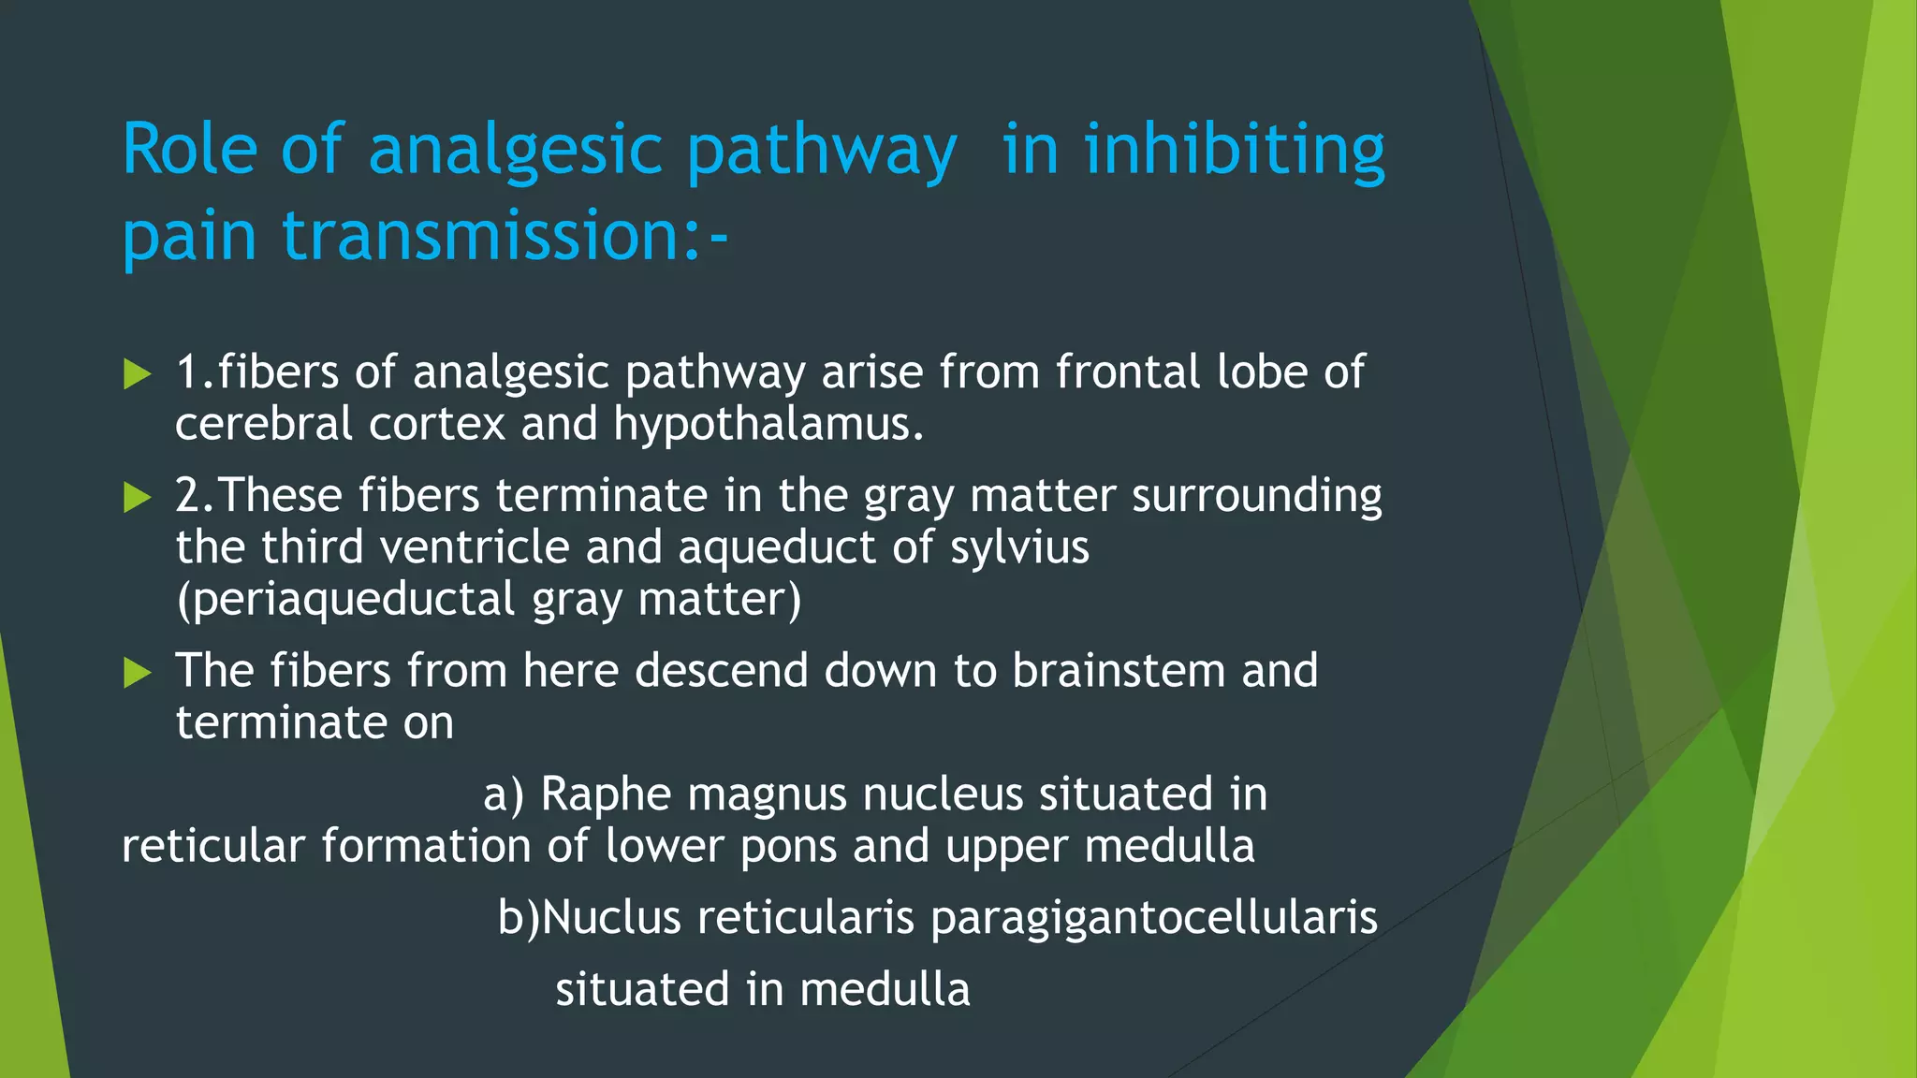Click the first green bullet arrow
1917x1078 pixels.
tap(138, 375)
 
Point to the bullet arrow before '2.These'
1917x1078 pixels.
tap(138, 497)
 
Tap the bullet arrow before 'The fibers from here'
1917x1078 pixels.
tap(138, 672)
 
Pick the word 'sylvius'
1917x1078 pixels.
tap(1019, 547)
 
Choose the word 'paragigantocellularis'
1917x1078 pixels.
tap(1153, 917)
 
